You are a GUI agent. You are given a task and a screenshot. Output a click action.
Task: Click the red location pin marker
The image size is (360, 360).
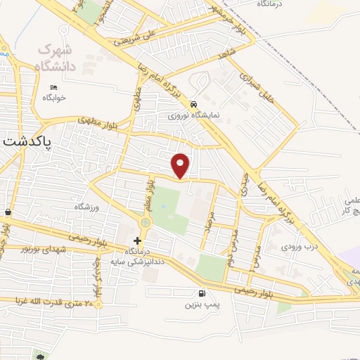click(181, 165)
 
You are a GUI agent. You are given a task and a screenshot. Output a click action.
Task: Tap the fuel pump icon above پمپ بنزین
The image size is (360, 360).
click(202, 294)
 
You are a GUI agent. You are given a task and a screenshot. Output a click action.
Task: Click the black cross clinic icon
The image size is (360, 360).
click(137, 240)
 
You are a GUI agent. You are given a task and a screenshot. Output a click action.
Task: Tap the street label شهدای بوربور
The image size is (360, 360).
click(44, 250)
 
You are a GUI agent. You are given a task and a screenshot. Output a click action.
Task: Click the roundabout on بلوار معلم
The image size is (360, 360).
click(146, 224)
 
